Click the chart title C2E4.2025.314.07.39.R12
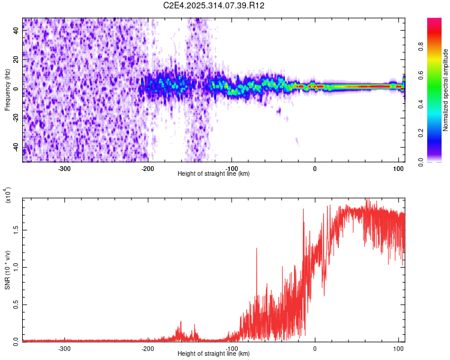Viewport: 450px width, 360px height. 214,5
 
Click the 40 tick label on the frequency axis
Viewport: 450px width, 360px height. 17,31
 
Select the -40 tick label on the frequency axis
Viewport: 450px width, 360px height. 17,147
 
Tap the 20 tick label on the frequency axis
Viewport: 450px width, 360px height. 17,60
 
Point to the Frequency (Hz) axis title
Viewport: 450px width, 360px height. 8,90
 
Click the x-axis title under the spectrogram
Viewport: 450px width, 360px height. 214,173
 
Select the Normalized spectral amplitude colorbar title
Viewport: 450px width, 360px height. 446,90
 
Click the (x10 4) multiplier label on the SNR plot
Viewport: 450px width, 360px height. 8,197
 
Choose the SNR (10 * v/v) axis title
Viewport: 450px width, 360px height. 8,270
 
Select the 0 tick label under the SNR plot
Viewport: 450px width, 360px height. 315,347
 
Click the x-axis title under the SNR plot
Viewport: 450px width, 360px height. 214,353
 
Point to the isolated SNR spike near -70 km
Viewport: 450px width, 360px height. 257,250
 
